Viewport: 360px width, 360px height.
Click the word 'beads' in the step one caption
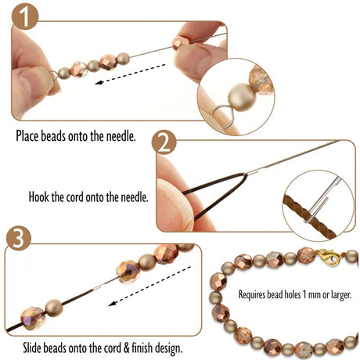point(66,136)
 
